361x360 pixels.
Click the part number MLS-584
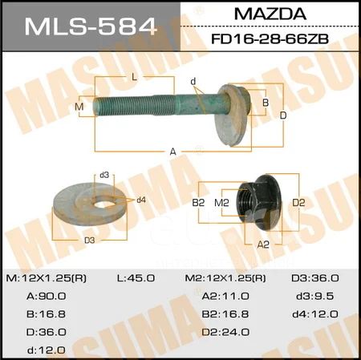pos(91,26)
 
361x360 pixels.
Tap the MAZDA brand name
pos(270,14)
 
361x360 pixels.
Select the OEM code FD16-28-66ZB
pos(270,39)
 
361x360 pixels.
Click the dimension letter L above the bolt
pos(134,77)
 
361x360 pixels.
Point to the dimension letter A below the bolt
pos(173,152)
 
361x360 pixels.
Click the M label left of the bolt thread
pos(79,107)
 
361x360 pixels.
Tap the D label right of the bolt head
pos(283,115)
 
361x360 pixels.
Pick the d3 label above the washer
pos(104,175)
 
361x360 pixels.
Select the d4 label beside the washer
pos(141,200)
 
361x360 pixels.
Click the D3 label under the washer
pos(90,241)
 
